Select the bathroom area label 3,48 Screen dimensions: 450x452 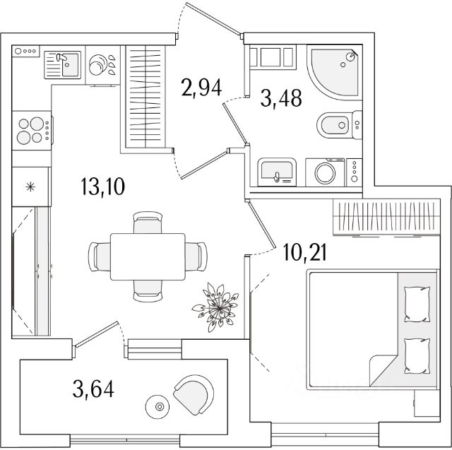(x=281, y=98)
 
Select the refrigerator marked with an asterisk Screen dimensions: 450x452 (x=30, y=187)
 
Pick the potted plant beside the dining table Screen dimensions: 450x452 (x=216, y=304)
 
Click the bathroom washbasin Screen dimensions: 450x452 (x=276, y=171)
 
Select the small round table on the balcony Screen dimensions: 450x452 (x=158, y=406)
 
